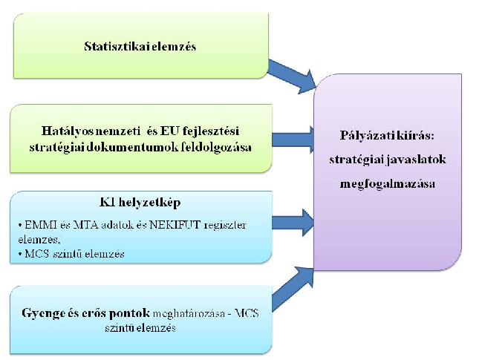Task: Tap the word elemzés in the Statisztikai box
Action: click(175, 46)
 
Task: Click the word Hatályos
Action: click(68, 131)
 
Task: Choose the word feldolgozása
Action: click(216, 148)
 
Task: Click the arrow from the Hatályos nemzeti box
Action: click(293, 140)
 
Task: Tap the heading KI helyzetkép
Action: click(140, 203)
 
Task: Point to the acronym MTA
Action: click(85, 225)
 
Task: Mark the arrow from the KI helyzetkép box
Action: click(293, 223)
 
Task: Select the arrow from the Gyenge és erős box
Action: click(293, 289)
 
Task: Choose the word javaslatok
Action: click(416, 160)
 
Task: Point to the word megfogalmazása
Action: click(388, 184)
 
